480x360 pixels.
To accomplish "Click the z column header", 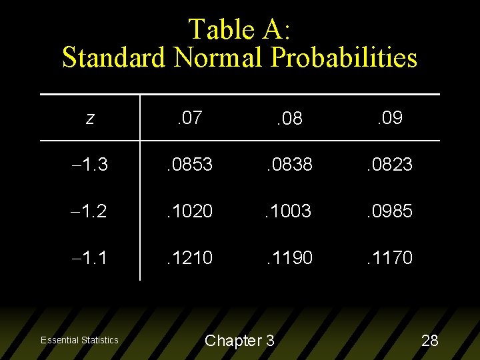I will click(90, 119).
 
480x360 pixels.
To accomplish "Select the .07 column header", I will click(190, 119).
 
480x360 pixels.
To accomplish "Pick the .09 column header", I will click(390, 119).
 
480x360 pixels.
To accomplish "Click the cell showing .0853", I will click(190, 165).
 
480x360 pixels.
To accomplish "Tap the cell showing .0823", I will click(390, 165).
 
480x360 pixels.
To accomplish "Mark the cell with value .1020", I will click(190, 211).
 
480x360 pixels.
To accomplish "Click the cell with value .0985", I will click(390, 211).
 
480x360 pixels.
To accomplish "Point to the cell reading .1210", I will click(190, 257).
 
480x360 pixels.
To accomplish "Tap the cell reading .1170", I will click(390, 257).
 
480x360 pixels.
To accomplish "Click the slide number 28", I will click(430, 341).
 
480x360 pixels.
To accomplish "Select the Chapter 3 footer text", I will click(239, 341).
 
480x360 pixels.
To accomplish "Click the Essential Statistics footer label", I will click(79, 341).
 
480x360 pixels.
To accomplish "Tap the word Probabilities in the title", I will click(344, 57).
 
